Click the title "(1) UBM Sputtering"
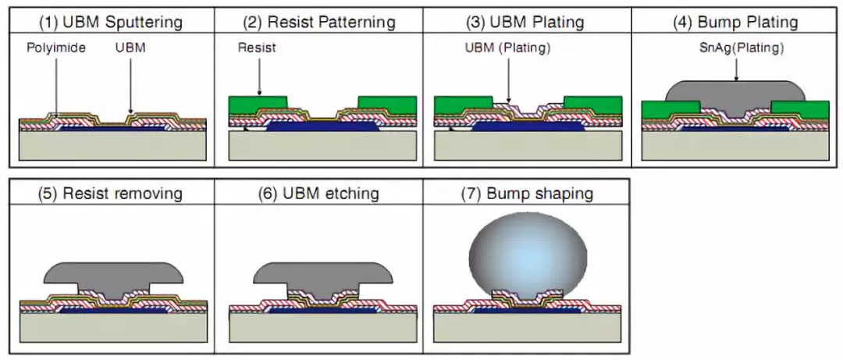click(x=112, y=22)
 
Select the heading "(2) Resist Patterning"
click(x=318, y=22)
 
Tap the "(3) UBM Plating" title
click(x=527, y=22)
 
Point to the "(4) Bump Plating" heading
click(x=735, y=22)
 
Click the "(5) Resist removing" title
click(x=112, y=193)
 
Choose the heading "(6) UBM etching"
click(x=318, y=193)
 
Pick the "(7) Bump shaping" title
click(x=527, y=193)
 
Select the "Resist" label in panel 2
click(x=257, y=48)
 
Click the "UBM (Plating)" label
click(x=508, y=48)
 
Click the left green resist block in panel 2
click(x=258, y=105)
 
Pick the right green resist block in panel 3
click(x=592, y=105)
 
